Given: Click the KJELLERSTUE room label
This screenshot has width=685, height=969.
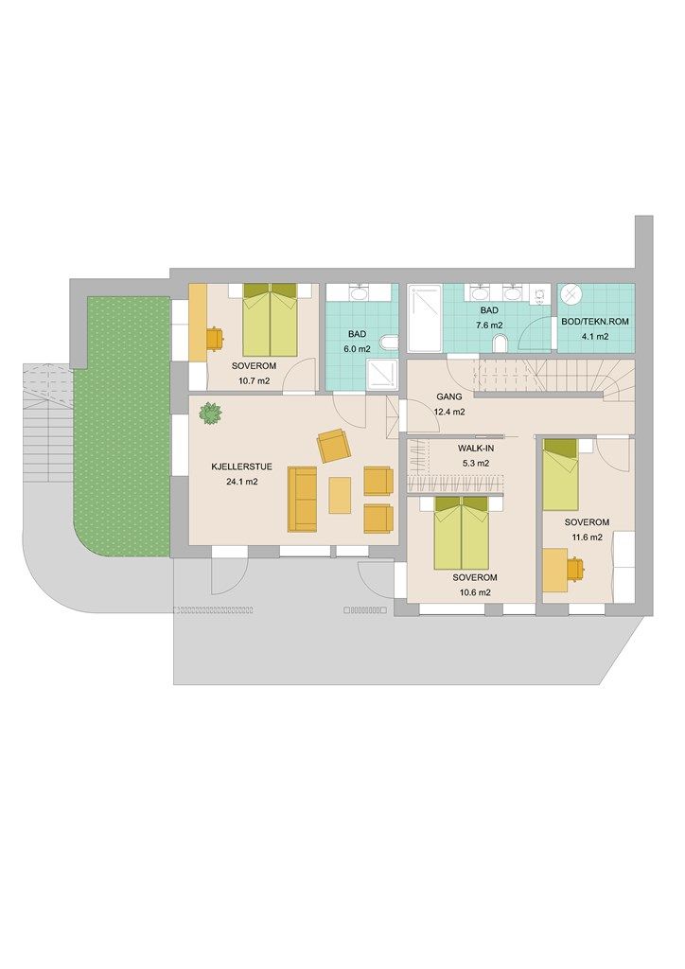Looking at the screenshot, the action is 241,467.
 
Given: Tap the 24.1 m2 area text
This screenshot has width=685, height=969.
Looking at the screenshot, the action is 242,482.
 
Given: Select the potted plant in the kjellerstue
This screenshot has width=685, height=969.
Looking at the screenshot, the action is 211,413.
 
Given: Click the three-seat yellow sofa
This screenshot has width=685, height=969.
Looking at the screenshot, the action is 302,500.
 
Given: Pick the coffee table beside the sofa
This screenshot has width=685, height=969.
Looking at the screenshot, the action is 340,495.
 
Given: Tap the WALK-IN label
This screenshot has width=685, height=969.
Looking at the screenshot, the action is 476,448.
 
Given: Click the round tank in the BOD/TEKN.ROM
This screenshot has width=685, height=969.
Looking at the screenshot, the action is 571,294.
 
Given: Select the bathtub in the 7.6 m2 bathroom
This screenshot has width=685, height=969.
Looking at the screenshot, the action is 425,318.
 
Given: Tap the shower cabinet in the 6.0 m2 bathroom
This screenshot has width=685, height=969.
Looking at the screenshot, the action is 382,376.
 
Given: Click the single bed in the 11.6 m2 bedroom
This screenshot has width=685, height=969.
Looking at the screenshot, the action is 560,475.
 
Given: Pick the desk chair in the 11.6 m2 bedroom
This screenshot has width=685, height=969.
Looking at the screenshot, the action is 574,567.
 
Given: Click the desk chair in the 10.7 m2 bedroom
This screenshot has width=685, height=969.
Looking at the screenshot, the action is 215,338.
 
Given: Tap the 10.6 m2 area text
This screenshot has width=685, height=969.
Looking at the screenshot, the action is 475,592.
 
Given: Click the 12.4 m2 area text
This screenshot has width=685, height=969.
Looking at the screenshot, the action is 449,412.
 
